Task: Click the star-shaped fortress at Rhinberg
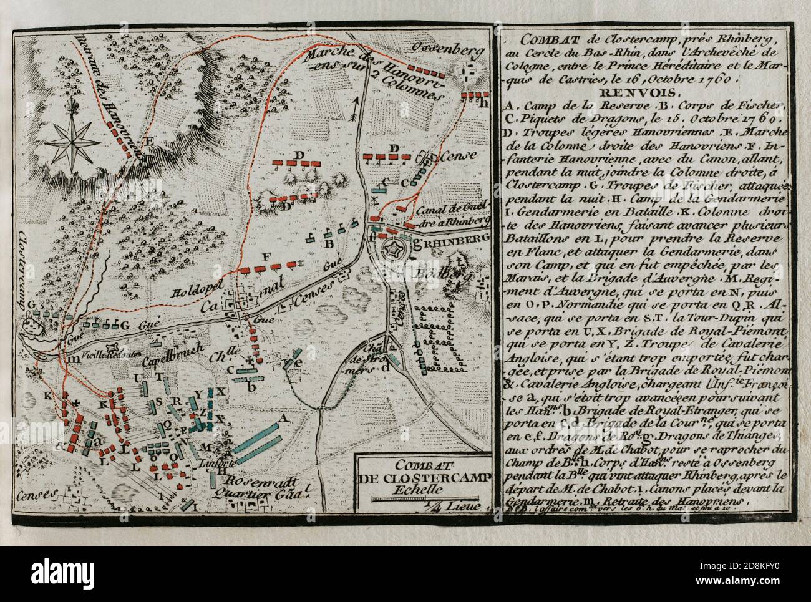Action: (394, 253)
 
